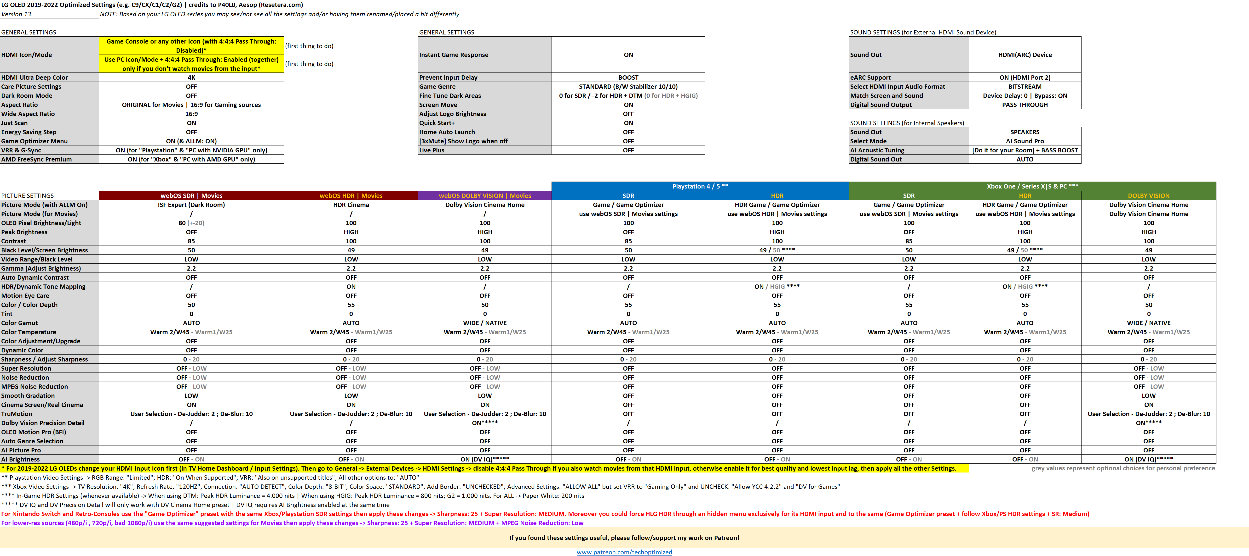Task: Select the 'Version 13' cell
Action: [17, 14]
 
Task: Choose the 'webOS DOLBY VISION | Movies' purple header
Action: [484, 196]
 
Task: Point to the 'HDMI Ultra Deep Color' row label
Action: [35, 78]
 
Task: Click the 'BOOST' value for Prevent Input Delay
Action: [628, 78]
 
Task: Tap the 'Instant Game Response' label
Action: [453, 55]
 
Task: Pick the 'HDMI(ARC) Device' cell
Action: [1025, 55]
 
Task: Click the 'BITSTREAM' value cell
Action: [1025, 87]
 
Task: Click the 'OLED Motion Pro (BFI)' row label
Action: [34, 432]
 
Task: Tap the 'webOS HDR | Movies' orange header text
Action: [351, 196]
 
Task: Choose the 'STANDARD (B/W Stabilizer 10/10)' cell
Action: [628, 87]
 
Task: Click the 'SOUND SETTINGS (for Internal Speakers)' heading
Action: [907, 123]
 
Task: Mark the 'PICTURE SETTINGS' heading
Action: [28, 196]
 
